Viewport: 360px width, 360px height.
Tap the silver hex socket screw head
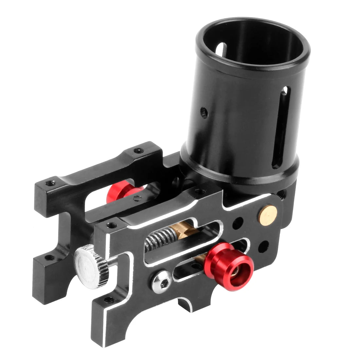[x=160, y=281]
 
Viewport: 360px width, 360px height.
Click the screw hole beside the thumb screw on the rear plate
[x=50, y=258]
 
